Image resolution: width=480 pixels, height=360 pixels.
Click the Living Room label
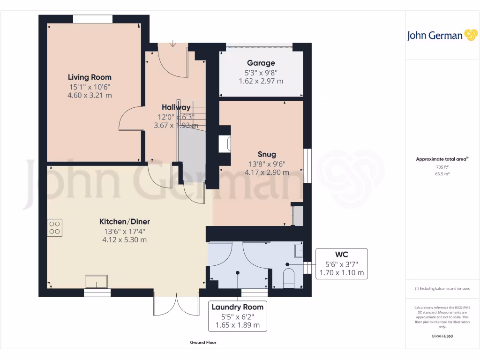click(x=90, y=77)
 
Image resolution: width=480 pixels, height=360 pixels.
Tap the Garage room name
click(x=261, y=63)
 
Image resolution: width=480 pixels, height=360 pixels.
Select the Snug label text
click(x=267, y=154)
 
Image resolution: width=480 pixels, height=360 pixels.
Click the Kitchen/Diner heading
click(x=125, y=222)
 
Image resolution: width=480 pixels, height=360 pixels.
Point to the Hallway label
click(x=176, y=107)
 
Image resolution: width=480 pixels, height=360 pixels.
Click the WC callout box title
click(x=341, y=255)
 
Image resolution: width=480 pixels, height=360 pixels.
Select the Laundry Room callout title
click(x=237, y=307)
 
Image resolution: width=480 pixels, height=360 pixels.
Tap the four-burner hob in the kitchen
click(x=54, y=227)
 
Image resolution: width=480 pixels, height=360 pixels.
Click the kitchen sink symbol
click(x=96, y=282)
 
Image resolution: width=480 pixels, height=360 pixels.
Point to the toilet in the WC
click(x=289, y=277)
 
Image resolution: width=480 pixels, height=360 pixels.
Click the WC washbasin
click(x=299, y=251)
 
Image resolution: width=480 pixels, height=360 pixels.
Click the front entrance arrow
click(x=173, y=44)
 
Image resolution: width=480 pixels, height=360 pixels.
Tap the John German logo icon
click(x=470, y=36)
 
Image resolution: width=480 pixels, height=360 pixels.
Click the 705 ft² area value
click(x=442, y=166)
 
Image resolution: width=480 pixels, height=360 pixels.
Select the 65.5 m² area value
click(x=442, y=173)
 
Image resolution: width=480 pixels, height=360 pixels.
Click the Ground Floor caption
click(x=203, y=343)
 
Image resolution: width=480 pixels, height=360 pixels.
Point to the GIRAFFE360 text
click(x=442, y=336)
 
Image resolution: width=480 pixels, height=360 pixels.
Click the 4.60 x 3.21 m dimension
click(x=90, y=95)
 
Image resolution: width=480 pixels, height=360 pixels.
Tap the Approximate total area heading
click(x=442, y=159)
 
